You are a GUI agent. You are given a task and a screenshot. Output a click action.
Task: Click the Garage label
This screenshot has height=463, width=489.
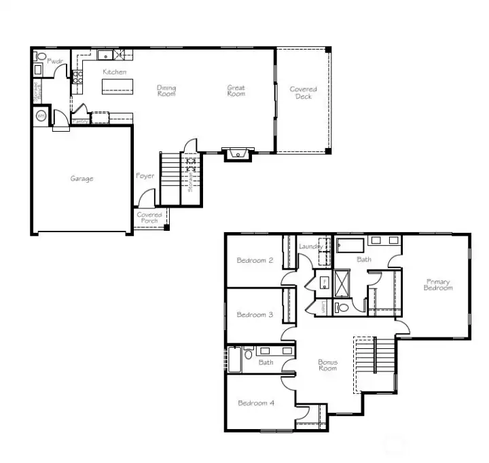coord(81,179)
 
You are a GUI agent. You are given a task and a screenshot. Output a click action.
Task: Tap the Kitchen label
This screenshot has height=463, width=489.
coord(114,72)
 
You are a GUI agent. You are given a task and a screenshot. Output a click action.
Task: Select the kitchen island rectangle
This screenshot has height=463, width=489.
coord(115,86)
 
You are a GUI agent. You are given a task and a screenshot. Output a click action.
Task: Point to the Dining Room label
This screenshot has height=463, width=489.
coord(166,90)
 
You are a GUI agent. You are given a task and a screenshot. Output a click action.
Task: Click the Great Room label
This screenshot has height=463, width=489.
coord(236,90)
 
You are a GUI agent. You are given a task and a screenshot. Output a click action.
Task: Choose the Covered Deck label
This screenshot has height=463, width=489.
coord(303,93)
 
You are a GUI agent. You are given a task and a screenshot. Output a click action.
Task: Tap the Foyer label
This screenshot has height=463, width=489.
coord(145,176)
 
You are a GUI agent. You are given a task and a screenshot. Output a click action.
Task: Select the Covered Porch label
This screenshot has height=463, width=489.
coord(149,218)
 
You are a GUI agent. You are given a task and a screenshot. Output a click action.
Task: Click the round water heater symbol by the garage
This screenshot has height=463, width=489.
coord(41,117)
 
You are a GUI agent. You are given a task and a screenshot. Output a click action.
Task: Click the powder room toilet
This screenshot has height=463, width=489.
coord(41,58)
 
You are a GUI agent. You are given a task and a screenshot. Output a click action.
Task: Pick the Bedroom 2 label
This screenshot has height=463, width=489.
coord(255,260)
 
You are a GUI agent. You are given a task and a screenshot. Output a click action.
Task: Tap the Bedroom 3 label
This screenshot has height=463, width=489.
coord(255,314)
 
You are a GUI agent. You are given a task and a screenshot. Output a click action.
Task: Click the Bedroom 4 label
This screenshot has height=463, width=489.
coord(256,403)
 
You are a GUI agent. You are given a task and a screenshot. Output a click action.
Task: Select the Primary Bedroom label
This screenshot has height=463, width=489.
coord(438,284)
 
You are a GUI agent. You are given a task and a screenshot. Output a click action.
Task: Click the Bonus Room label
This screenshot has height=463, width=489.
coord(327,365)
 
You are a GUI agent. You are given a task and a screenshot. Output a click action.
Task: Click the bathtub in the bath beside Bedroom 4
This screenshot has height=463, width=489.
coord(234,360)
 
